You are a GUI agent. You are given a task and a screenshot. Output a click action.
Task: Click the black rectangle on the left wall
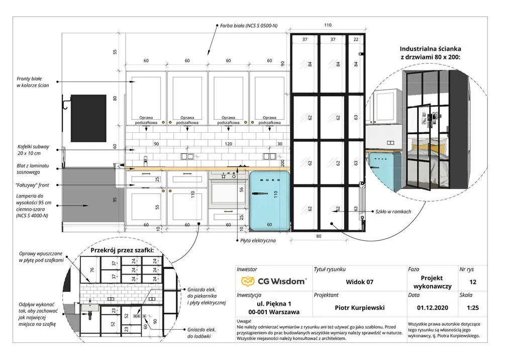(x=88, y=118)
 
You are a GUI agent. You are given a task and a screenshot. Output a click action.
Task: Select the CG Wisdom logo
(x=273, y=282)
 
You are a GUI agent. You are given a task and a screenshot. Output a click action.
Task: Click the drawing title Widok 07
(x=360, y=282)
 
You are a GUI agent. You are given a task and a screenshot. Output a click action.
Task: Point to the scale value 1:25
(x=472, y=307)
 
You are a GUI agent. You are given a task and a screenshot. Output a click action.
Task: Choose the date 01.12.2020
(x=431, y=307)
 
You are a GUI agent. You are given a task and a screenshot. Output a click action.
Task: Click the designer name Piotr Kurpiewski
(x=360, y=307)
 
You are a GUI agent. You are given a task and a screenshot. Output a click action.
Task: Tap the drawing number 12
(x=472, y=282)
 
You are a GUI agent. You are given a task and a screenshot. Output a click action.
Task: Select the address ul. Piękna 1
(x=274, y=304)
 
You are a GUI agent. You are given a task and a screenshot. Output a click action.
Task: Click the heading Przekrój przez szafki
(x=122, y=250)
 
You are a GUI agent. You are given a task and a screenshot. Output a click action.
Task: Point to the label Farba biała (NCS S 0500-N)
(x=248, y=25)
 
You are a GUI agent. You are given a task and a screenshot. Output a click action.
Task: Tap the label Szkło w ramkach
(x=393, y=212)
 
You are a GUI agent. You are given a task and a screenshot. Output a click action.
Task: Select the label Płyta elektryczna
(x=258, y=241)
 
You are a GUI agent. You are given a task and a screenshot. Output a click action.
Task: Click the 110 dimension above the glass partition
(x=328, y=25)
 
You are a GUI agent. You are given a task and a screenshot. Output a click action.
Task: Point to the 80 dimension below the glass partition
(x=319, y=236)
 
